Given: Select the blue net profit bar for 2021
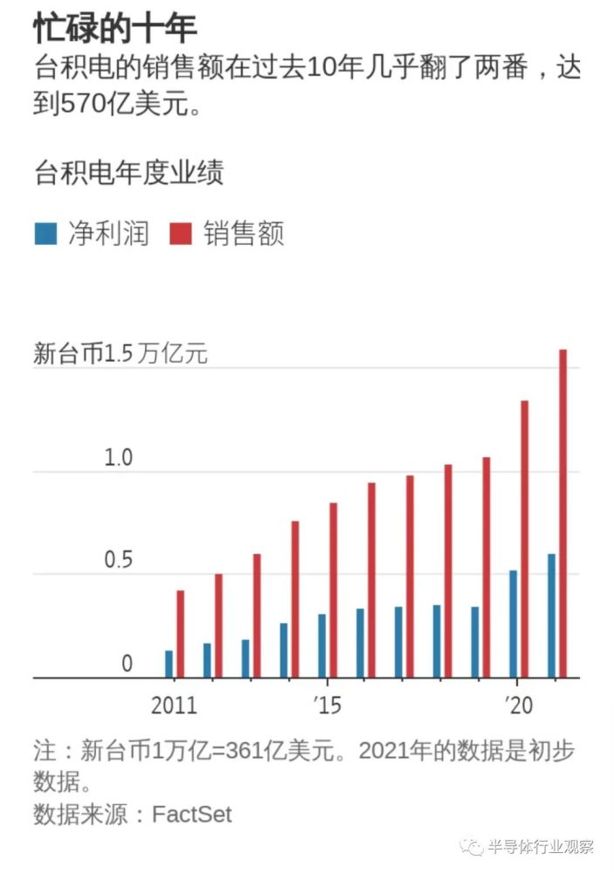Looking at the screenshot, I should (x=551, y=615).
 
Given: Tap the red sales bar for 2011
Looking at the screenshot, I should (x=181, y=634).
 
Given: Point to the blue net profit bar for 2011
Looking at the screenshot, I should (x=169, y=663).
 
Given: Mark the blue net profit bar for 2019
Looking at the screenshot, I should (x=475, y=642).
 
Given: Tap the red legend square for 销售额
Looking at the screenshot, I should (x=181, y=234).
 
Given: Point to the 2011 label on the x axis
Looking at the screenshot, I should (x=174, y=704).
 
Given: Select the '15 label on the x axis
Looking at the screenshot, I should (x=328, y=704).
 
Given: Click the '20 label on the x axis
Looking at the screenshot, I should (x=519, y=704).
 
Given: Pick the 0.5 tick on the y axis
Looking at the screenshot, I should (x=118, y=560).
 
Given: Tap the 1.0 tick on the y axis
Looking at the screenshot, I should (x=118, y=458).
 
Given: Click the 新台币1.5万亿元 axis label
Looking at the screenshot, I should (x=121, y=354).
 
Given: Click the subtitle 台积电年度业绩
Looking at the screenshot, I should (x=128, y=172).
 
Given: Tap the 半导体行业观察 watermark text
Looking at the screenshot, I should (x=541, y=847).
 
